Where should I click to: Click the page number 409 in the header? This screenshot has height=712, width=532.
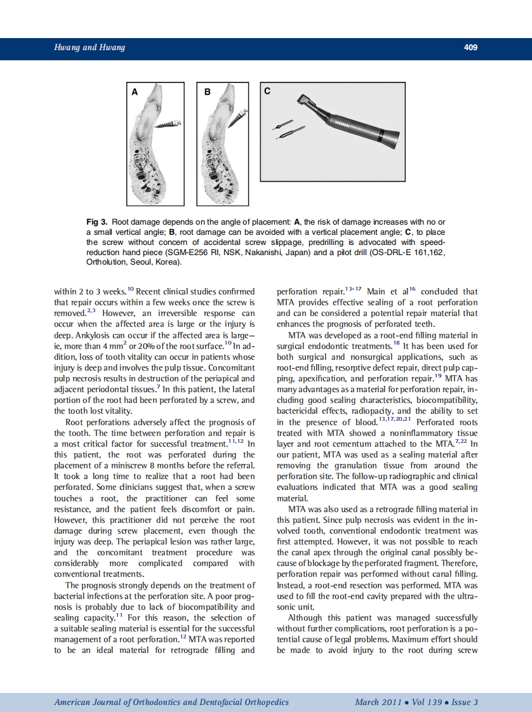click(x=470, y=48)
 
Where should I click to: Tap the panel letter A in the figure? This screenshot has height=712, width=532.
click(x=134, y=92)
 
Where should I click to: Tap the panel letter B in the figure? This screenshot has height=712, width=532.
click(x=206, y=92)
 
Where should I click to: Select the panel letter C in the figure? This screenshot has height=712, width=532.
click(x=267, y=91)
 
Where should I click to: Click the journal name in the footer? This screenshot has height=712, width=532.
click(x=171, y=702)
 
